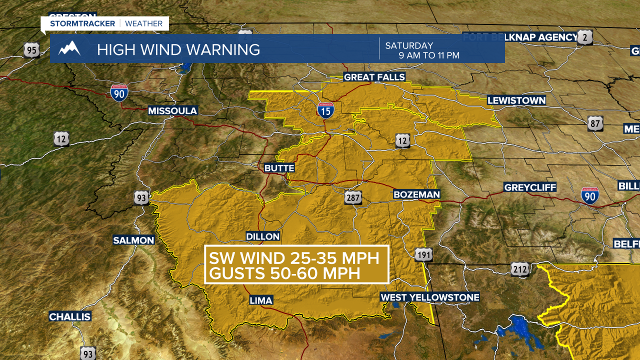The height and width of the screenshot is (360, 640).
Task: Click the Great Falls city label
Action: [x=374, y=77]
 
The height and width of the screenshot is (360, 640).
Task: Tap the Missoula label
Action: [x=172, y=110]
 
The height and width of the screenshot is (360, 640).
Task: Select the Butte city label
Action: [x=279, y=168]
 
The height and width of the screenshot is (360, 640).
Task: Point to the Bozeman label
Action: [x=416, y=194]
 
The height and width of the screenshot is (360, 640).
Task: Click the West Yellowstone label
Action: [x=430, y=297]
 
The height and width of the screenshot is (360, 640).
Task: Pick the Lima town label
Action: [x=261, y=300]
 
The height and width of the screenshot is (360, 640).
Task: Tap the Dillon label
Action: [x=263, y=236]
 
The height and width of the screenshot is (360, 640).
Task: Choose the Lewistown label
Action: [x=516, y=100]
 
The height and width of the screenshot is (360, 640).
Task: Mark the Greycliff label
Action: [x=530, y=187]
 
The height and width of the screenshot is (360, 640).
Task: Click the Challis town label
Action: [x=70, y=316]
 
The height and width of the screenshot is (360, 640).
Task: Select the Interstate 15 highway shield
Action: [x=325, y=110]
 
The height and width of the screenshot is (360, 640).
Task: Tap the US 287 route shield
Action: [x=352, y=198]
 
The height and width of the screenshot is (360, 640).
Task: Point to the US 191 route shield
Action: [x=423, y=255]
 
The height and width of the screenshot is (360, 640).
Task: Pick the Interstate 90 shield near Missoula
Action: [x=119, y=93]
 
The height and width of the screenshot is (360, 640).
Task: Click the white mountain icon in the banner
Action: [x=69, y=49]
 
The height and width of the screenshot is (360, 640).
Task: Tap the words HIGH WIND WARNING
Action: [x=178, y=49]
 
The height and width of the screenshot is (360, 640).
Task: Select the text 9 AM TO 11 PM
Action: [x=429, y=55]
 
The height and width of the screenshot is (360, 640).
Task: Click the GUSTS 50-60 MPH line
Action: [x=284, y=273]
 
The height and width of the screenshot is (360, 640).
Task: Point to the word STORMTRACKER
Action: [x=82, y=23]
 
